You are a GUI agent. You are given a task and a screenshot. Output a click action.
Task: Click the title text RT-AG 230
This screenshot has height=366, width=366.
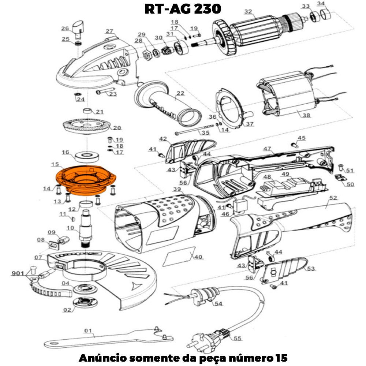[183, 9]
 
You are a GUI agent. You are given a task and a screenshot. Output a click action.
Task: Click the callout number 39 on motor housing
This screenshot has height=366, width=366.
[177, 189]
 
